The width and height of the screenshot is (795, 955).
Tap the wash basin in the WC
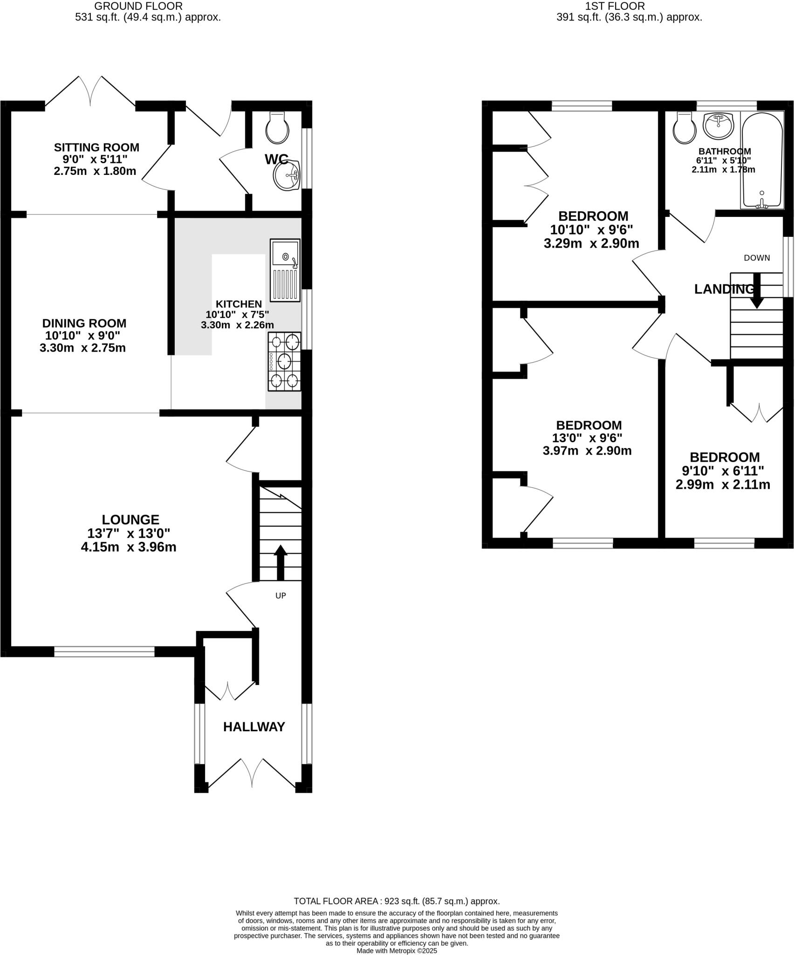287,176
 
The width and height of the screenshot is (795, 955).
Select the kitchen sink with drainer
285,270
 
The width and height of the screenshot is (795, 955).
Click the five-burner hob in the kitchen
284,361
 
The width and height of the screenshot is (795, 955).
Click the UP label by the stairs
281,595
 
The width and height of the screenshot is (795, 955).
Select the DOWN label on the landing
757,258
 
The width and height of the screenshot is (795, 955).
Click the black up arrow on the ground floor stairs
281,561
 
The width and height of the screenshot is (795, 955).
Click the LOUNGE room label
130,519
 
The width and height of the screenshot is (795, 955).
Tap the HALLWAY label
254,727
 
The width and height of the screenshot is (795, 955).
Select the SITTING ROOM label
96,147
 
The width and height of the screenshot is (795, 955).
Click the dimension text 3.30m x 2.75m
82,348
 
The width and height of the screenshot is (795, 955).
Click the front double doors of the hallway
252,774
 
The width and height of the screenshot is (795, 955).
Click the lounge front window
104,651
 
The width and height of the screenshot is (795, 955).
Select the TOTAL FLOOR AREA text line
397,901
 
